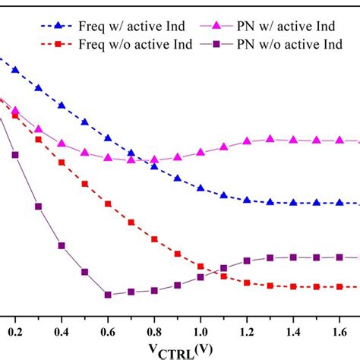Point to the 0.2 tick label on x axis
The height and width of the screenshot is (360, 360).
[x=15, y=332]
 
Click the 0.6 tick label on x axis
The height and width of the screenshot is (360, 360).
[x=108, y=332]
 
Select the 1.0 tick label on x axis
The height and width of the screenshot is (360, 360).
[x=201, y=332]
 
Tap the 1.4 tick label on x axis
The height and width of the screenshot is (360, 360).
[x=293, y=332]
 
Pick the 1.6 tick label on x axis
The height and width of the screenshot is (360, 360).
[x=339, y=332]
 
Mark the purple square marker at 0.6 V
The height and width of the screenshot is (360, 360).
[x=108, y=295]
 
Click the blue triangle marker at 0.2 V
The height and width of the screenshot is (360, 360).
[x=15, y=70]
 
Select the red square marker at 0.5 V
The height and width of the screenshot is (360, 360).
[x=85, y=183]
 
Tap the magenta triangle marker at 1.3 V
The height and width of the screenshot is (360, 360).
[x=270, y=139]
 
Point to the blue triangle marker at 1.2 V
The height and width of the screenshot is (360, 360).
[x=247, y=200]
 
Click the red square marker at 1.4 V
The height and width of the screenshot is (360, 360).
[x=293, y=286]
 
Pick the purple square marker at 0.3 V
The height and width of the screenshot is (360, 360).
[x=39, y=206]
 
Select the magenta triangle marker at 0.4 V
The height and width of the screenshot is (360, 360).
[x=62, y=143]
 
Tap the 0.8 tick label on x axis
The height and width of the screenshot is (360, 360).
[x=154, y=332]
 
